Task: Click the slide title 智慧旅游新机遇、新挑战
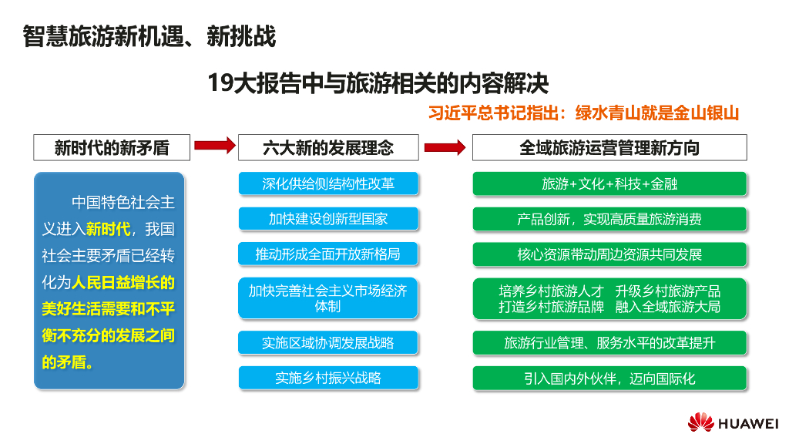(149, 36)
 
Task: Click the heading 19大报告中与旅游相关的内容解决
(378, 82)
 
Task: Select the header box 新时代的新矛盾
(111, 147)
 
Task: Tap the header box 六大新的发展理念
(328, 147)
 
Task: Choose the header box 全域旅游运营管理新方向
(609, 147)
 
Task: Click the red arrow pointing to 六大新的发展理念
(213, 145)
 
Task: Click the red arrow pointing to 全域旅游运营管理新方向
(445, 146)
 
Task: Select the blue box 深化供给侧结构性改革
(328, 183)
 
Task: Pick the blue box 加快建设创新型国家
(328, 219)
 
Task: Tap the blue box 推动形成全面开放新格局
(328, 254)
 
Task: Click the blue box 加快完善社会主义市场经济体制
(328, 298)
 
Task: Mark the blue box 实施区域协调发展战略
(328, 342)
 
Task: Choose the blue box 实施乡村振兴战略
(328, 378)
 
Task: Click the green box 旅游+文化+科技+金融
(609, 183)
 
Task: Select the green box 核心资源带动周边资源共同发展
(609, 254)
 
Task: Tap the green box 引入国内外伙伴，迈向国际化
(609, 378)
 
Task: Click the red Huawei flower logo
(700, 422)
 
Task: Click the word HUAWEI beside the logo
(747, 422)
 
